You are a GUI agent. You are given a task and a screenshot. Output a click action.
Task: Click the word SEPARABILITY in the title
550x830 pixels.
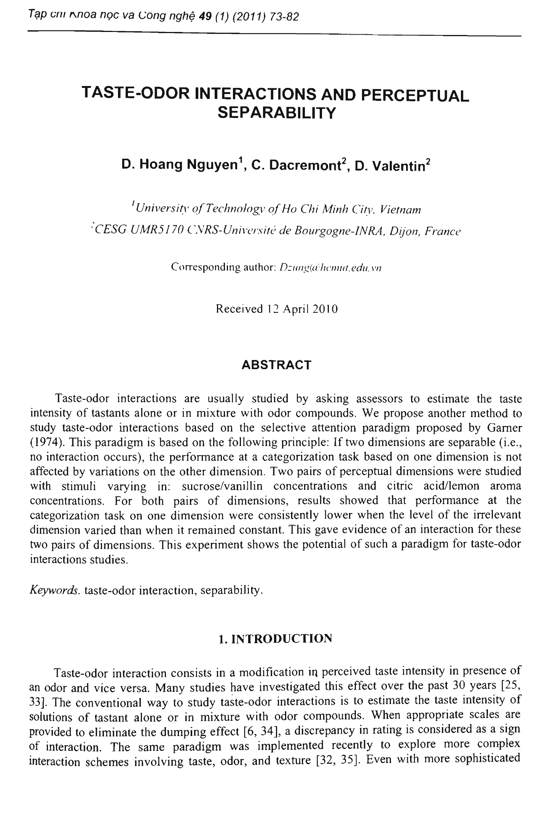point(277,113)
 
